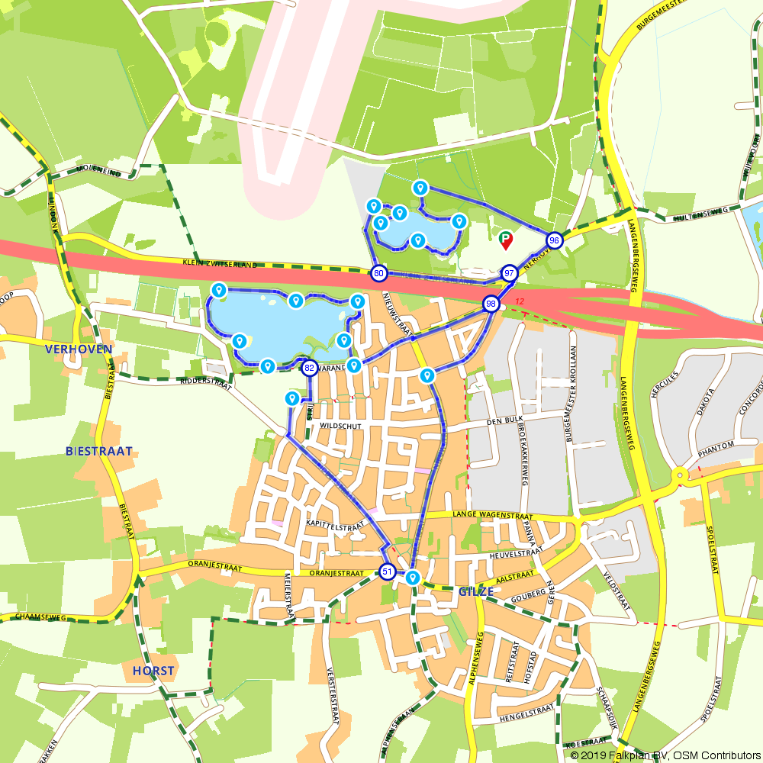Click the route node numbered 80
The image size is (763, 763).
(x=378, y=273)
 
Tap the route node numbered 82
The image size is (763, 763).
(x=309, y=369)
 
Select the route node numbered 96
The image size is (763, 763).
(x=555, y=240)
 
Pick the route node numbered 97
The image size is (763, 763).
(x=510, y=273)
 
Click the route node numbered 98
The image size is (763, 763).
(x=491, y=304)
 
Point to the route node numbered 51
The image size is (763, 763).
(x=388, y=571)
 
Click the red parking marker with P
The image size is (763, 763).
(x=505, y=240)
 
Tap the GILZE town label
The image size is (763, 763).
(x=478, y=591)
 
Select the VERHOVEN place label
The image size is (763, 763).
(x=79, y=349)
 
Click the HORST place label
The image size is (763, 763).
(x=153, y=671)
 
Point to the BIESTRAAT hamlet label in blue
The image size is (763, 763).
(x=99, y=451)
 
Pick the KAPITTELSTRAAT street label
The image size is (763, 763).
(x=333, y=525)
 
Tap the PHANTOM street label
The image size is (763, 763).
(x=716, y=445)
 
